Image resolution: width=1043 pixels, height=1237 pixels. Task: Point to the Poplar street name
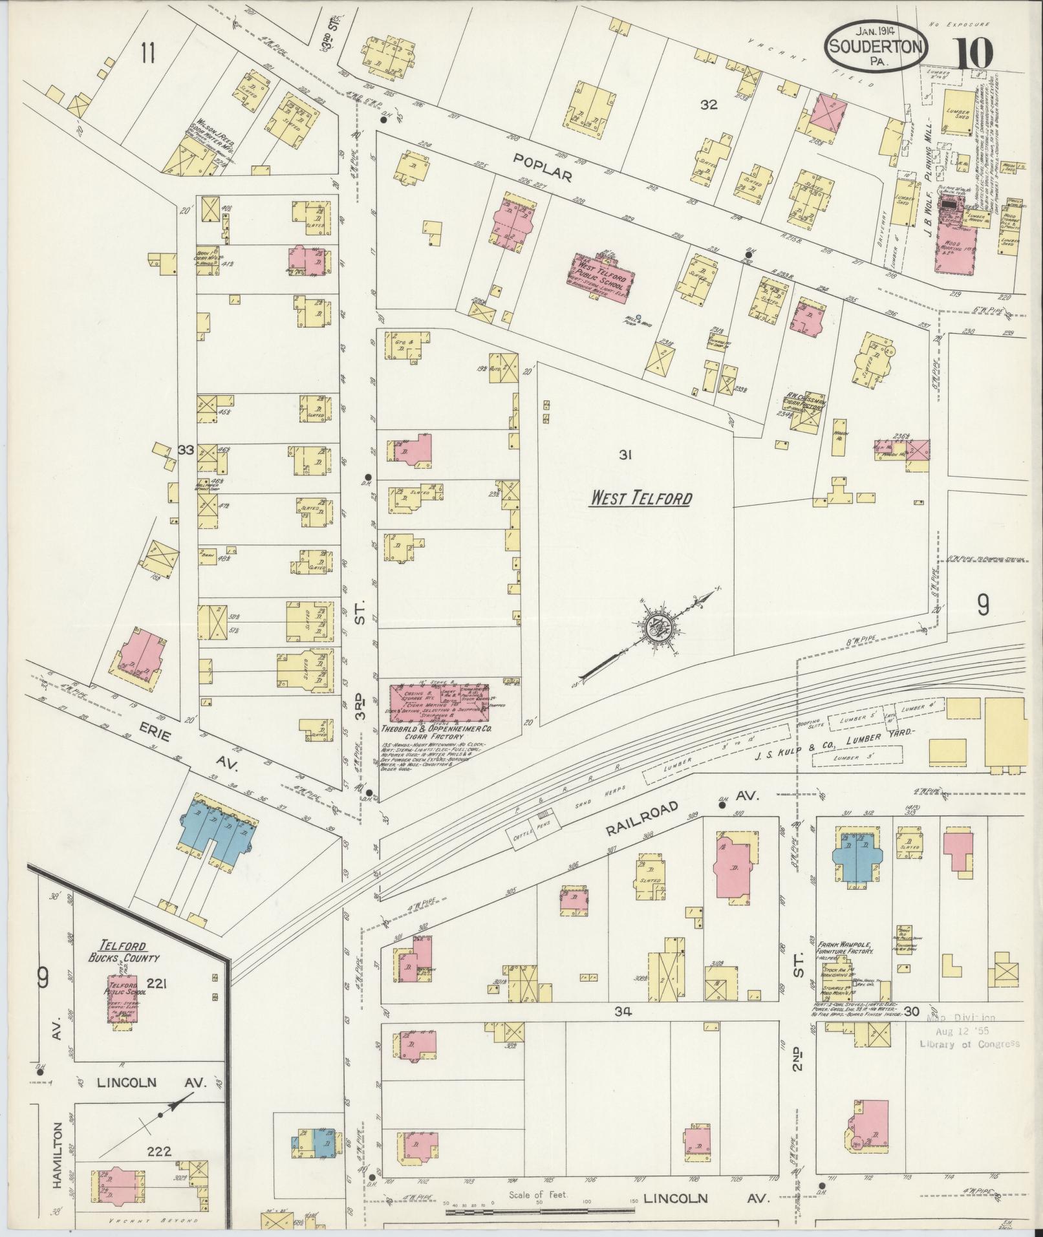pos(543,167)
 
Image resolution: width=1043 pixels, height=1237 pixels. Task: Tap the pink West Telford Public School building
pos(602,274)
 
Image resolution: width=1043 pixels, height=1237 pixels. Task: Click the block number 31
pos(624,455)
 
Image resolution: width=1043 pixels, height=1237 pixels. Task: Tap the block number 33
pos(186,450)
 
